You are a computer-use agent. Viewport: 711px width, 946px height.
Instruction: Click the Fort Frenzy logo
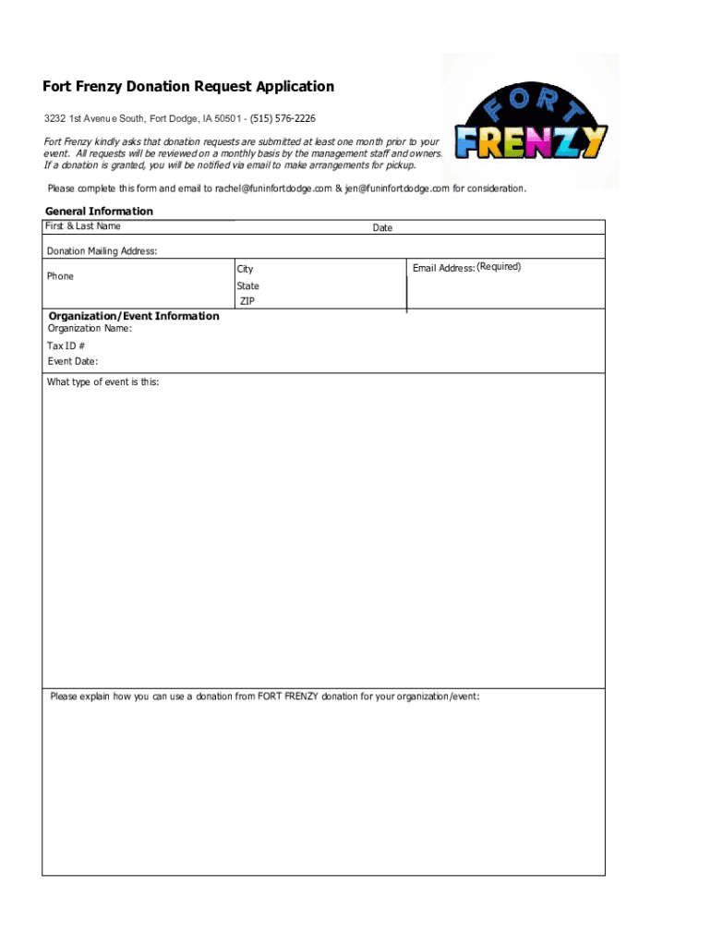(x=530, y=121)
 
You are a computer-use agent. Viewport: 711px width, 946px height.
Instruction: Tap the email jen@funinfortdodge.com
(x=397, y=188)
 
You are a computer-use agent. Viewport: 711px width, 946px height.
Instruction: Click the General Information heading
(x=99, y=212)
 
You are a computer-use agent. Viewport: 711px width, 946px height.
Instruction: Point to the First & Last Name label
(x=84, y=226)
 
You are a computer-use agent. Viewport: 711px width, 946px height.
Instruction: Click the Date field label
(x=382, y=227)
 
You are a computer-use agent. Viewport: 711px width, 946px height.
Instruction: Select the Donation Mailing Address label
(x=102, y=251)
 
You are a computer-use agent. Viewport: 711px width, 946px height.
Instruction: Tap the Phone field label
(x=60, y=276)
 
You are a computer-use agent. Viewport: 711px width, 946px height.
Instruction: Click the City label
(x=245, y=270)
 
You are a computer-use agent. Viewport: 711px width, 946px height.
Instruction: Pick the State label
(x=247, y=286)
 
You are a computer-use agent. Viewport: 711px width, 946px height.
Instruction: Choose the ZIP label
(x=247, y=302)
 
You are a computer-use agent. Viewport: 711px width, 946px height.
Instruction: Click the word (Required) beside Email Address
(x=499, y=267)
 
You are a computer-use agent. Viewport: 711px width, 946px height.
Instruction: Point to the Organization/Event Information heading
(x=134, y=316)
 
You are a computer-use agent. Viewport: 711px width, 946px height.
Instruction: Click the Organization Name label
(x=90, y=328)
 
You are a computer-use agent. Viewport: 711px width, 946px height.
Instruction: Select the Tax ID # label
(x=66, y=346)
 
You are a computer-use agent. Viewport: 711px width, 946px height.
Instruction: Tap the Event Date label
(x=73, y=361)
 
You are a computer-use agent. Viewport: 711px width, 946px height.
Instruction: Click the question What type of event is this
(x=102, y=382)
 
